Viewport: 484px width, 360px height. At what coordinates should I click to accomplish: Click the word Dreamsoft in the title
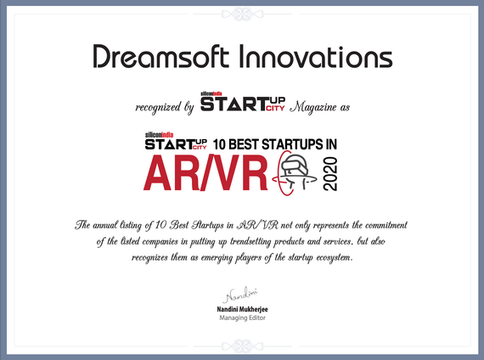pyautogui.click(x=160, y=56)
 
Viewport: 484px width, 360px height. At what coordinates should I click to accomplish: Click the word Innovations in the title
pyautogui.click(x=316, y=56)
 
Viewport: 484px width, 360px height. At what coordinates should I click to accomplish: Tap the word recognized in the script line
pyautogui.click(x=158, y=108)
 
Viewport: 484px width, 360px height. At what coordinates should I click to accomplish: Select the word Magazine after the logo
pyautogui.click(x=314, y=107)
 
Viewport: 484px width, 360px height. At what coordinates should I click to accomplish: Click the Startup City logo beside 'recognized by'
pyautogui.click(x=243, y=101)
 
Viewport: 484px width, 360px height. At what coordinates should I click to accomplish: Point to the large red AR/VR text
pyautogui.click(x=205, y=172)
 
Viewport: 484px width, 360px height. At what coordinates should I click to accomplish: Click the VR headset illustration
pyautogui.click(x=295, y=173)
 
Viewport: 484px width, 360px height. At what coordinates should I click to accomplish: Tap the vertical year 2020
pyautogui.click(x=329, y=174)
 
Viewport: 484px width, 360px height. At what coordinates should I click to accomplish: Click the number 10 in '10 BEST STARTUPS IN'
pyautogui.click(x=219, y=144)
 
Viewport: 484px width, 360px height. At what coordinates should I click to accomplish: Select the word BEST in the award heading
pyautogui.click(x=244, y=144)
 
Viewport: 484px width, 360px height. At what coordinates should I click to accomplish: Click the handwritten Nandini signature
pyautogui.click(x=240, y=295)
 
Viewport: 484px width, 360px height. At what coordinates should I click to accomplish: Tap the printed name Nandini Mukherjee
pyautogui.click(x=242, y=309)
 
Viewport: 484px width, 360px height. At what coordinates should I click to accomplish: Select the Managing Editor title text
pyautogui.click(x=242, y=318)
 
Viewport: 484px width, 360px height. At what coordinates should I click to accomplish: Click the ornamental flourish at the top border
pyautogui.click(x=242, y=14)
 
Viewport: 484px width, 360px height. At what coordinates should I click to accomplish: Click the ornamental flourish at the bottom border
pyautogui.click(x=242, y=346)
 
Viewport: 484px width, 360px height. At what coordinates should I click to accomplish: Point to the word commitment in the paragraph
pyautogui.click(x=386, y=225)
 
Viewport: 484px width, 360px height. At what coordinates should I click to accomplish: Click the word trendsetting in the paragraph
pyautogui.click(x=250, y=241)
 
